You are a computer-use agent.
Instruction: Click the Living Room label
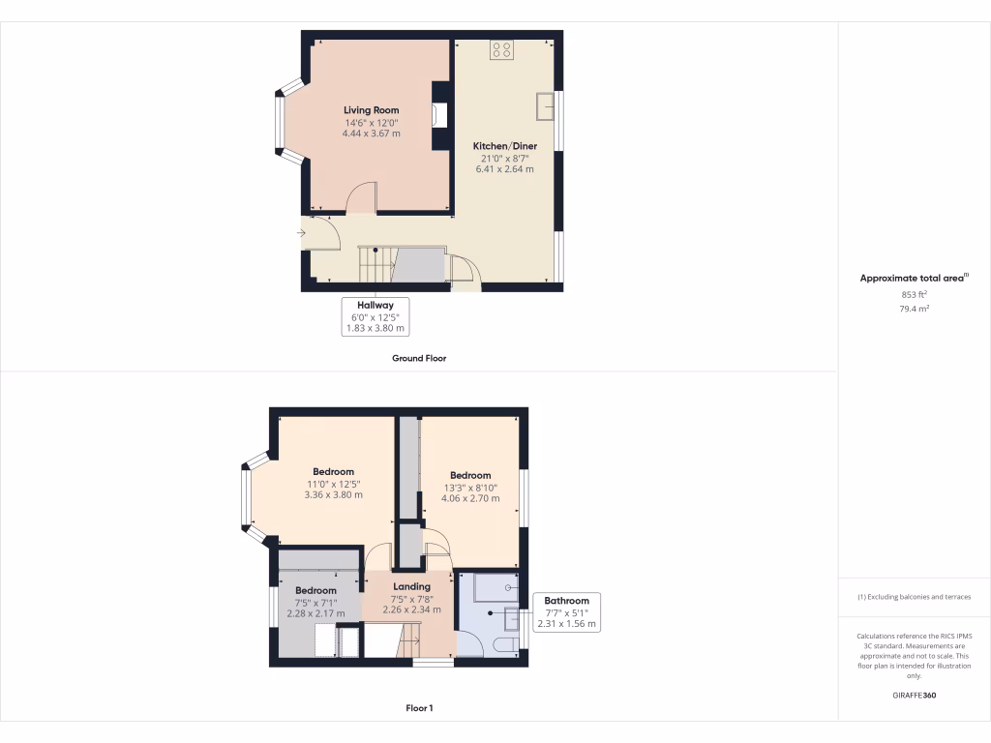[371, 110]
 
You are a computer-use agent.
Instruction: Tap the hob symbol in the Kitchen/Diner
[501, 49]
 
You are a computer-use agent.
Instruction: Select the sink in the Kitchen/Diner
[545, 104]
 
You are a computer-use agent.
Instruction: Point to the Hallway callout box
[376, 316]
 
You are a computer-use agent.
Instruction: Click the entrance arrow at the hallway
[302, 232]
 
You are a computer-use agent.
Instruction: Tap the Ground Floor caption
[418, 358]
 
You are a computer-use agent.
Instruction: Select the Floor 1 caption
[418, 708]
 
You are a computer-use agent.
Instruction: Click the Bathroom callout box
[566, 612]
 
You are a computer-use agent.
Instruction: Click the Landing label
[411, 586]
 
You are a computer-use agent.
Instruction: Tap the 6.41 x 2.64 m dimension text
[504, 169]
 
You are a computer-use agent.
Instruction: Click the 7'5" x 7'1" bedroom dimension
[315, 602]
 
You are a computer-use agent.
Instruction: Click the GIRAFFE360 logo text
[914, 695]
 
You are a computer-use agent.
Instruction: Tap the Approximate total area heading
[914, 278]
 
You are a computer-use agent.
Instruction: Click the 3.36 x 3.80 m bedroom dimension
[333, 494]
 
